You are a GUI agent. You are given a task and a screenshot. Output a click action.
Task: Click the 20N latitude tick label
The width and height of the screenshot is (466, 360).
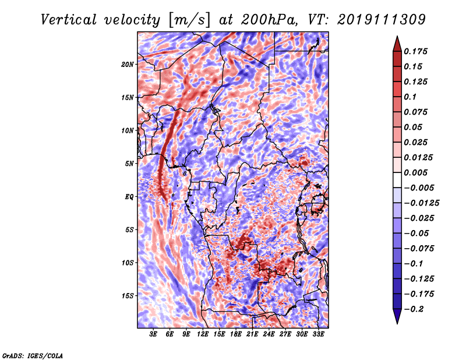pyautogui.click(x=128, y=65)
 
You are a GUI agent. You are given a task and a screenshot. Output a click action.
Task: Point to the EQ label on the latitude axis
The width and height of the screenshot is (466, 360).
pyautogui.click(x=129, y=197)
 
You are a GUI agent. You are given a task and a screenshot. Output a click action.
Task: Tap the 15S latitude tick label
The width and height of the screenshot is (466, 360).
pyautogui.click(x=128, y=296)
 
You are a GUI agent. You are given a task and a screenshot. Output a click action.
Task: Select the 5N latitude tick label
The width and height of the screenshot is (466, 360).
pyautogui.click(x=129, y=164)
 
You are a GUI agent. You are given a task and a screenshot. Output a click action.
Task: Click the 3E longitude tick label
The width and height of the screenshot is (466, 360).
pyautogui.click(x=153, y=334)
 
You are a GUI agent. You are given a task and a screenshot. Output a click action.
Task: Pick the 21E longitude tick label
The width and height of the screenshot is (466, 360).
pyautogui.click(x=252, y=334)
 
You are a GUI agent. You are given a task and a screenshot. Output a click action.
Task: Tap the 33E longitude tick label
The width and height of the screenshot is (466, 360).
pyautogui.click(x=318, y=334)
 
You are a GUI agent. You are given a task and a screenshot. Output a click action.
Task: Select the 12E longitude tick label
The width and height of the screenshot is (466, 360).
pyautogui.click(x=203, y=334)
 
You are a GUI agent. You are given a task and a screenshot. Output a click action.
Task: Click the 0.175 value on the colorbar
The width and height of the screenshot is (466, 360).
pyautogui.click(x=415, y=51)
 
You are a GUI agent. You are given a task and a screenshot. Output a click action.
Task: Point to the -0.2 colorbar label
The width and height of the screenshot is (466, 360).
pyautogui.click(x=413, y=309)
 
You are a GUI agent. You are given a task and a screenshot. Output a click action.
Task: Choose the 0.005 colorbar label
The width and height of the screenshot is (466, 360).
pyautogui.click(x=415, y=172)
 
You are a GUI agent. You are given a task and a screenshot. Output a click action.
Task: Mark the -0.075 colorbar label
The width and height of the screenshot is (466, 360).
pyautogui.click(x=419, y=249)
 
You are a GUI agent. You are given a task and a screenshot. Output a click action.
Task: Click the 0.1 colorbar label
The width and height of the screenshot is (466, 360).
pyautogui.click(x=410, y=97)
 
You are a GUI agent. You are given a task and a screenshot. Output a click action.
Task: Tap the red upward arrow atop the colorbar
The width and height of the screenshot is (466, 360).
pyautogui.click(x=397, y=44)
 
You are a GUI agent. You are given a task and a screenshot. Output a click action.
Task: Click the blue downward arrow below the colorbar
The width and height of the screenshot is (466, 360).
pyautogui.click(x=397, y=316)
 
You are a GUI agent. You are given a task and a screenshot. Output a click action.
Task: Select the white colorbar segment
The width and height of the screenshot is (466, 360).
pyautogui.click(x=397, y=180)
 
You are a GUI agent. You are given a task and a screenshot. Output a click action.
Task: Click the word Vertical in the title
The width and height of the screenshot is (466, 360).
pyautogui.click(x=69, y=20)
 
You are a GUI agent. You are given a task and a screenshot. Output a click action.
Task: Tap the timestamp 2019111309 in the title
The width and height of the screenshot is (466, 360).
pyautogui.click(x=382, y=20)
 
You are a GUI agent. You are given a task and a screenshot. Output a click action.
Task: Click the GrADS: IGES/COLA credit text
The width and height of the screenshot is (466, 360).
pyautogui.click(x=33, y=355)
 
